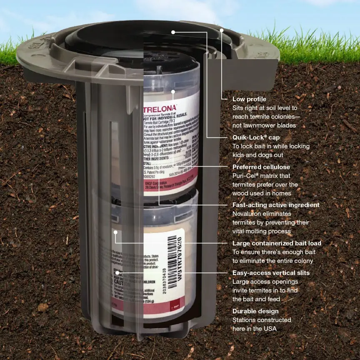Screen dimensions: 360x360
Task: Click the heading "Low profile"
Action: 249,99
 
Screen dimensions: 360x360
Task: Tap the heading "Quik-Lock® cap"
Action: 256,137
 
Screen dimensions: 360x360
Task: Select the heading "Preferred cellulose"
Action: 261,167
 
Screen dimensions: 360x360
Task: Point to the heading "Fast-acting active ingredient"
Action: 276,205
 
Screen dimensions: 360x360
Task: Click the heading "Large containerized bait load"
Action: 277,243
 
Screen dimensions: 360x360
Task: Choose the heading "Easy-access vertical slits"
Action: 271,273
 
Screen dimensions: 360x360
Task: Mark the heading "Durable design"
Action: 255,311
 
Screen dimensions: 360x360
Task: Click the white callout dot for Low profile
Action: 222,30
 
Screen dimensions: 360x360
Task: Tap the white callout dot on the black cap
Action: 173,32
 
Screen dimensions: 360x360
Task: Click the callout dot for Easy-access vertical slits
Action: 118,273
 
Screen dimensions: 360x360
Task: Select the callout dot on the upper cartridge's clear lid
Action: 173,91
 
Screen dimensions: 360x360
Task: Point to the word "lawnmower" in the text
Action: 253,125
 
